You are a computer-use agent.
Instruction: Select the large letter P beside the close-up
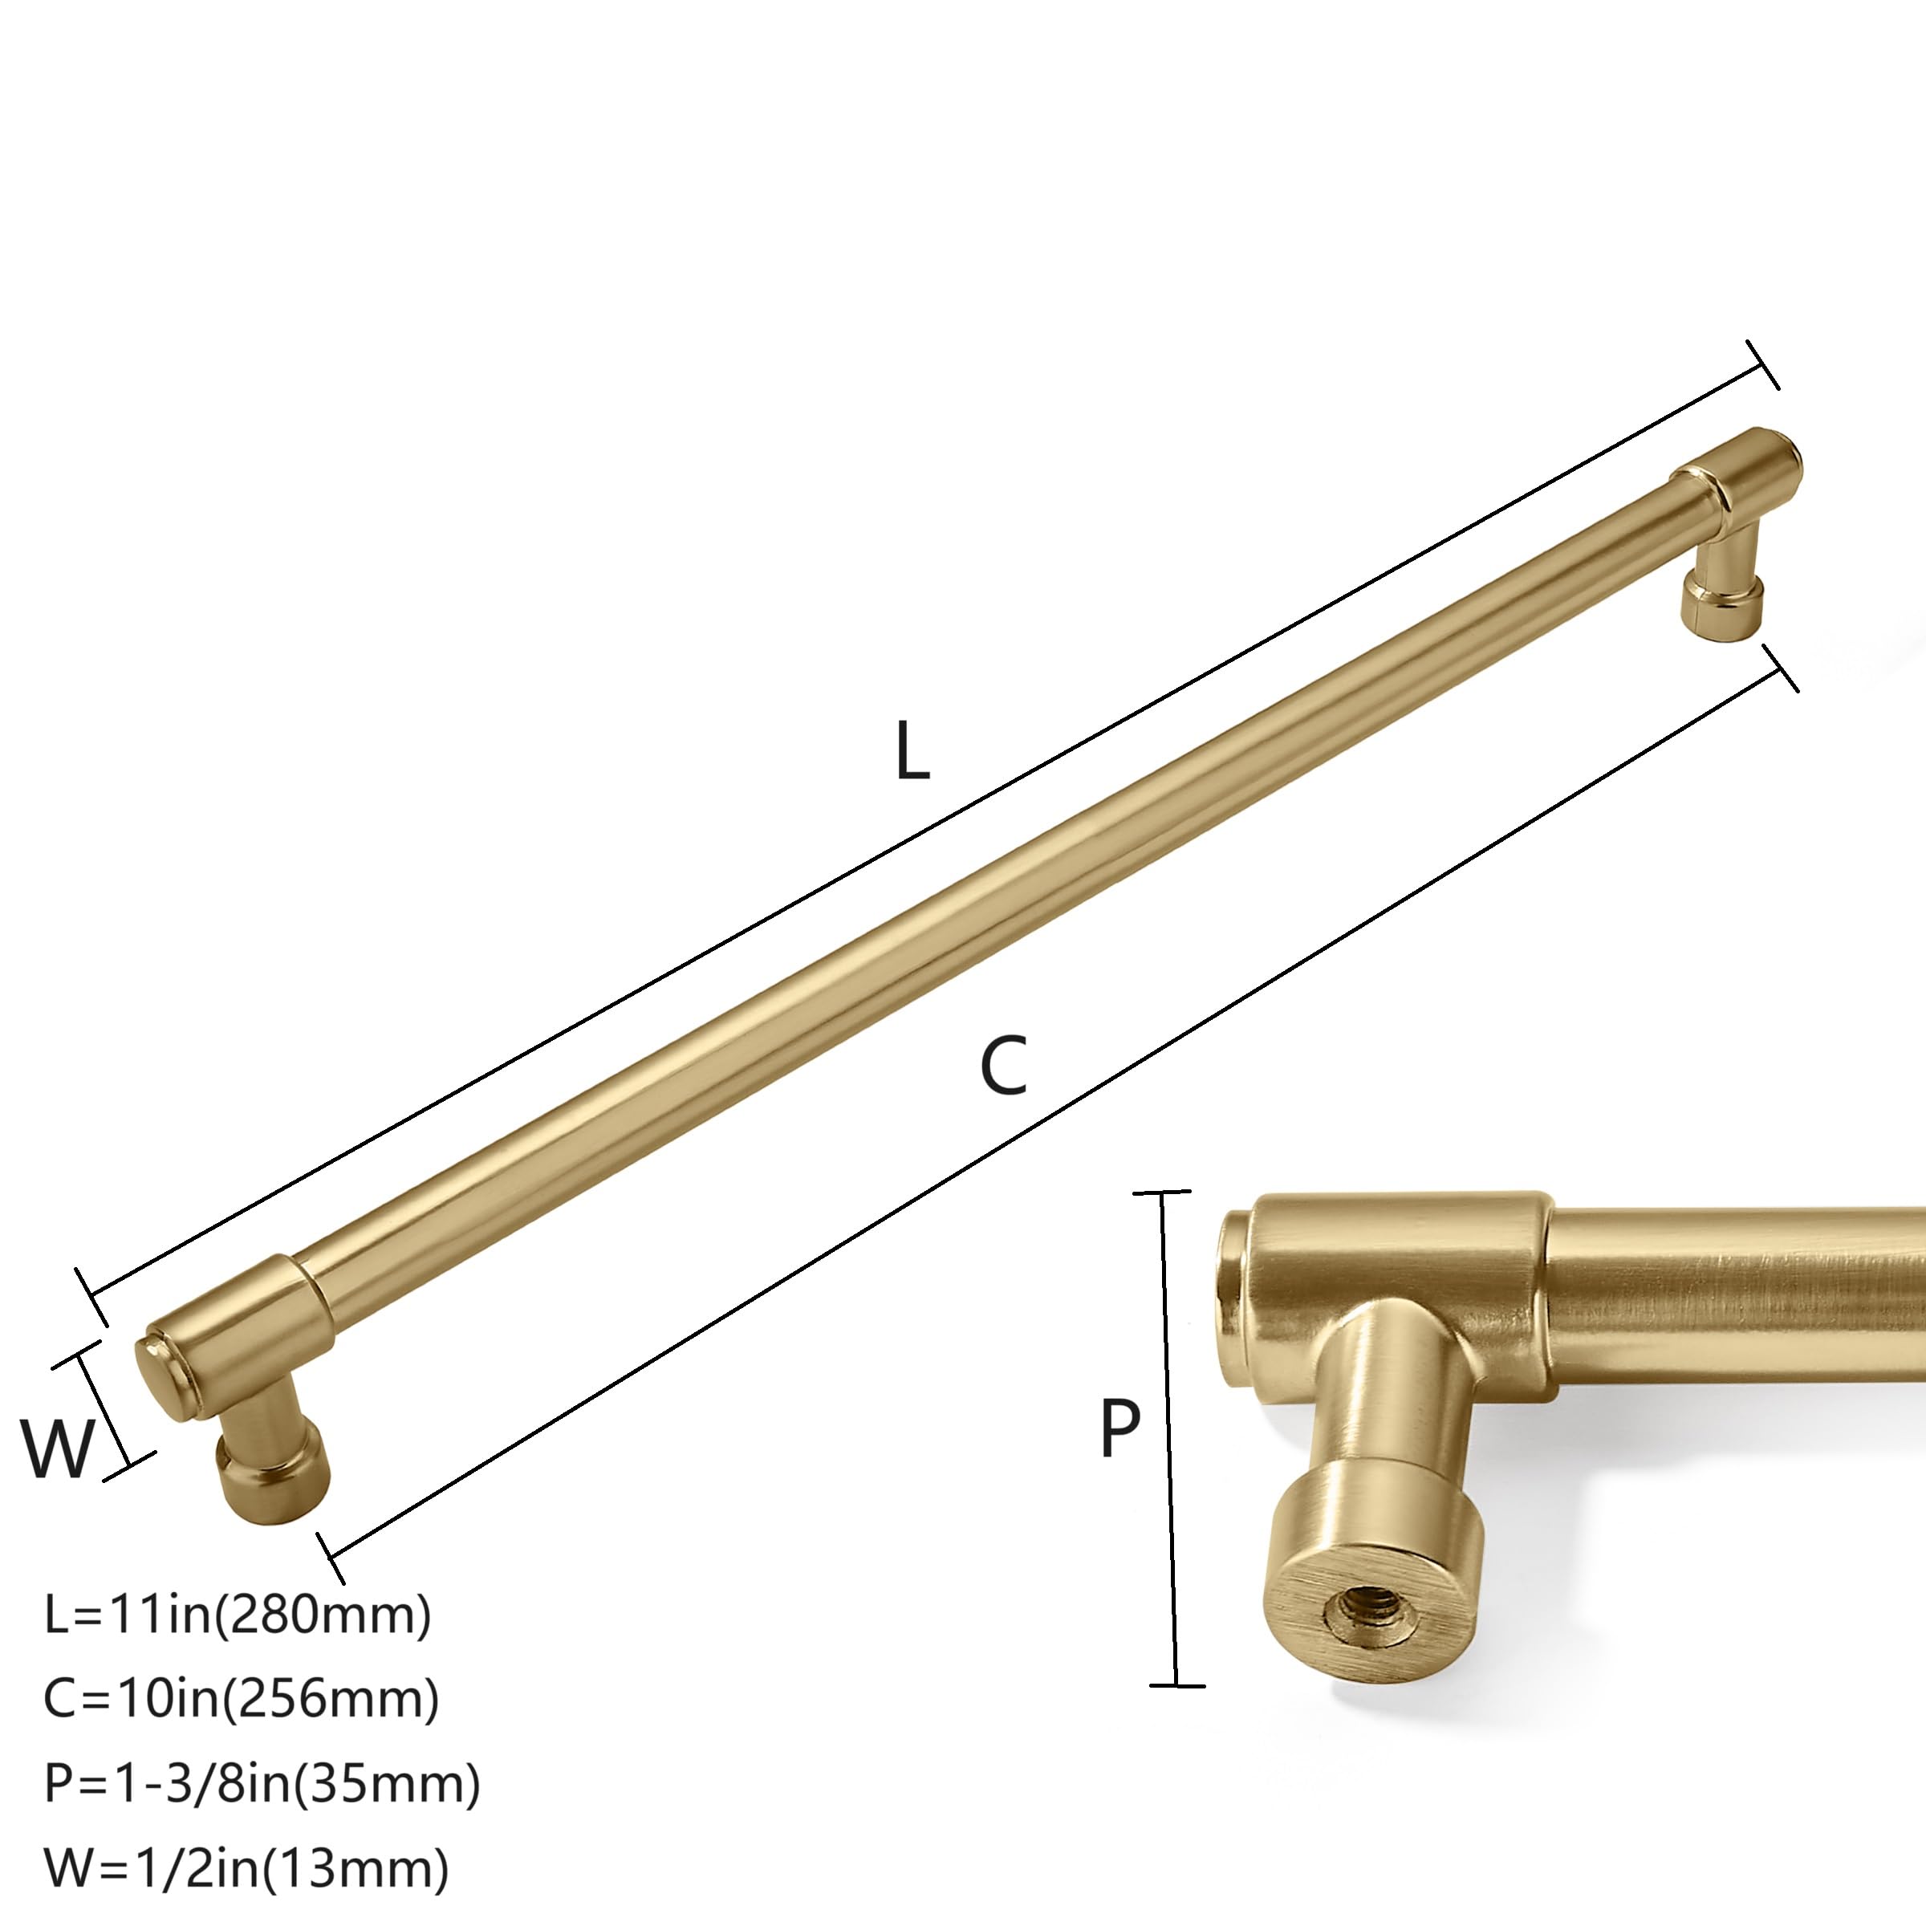pos(1119,1427)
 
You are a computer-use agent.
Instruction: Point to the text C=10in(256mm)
pos(242,1698)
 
